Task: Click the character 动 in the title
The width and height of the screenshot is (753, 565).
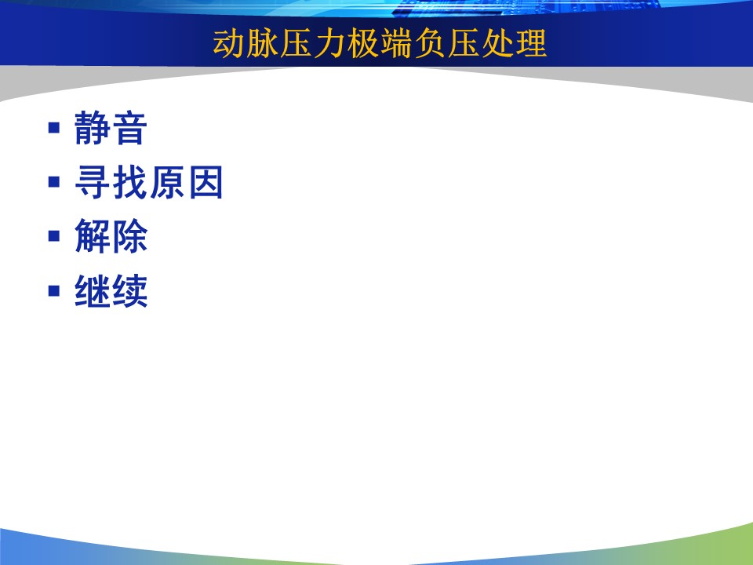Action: point(229,43)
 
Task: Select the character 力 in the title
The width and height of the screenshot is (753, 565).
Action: point(329,43)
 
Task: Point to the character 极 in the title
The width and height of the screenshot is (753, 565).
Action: point(363,43)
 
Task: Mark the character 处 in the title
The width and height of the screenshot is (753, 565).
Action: point(497,43)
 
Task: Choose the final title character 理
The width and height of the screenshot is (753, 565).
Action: point(531,43)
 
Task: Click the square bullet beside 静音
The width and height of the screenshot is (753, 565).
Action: point(54,128)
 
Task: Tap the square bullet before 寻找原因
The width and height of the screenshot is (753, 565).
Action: point(54,182)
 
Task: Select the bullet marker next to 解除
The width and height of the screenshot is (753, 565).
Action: point(54,236)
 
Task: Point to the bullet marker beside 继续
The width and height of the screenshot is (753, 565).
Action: point(54,290)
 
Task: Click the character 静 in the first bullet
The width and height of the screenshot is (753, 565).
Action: point(93,128)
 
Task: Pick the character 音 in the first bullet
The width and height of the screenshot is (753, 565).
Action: point(129,128)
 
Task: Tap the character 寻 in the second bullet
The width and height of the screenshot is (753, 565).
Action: point(93,182)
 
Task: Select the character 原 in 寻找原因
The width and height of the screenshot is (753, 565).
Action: point(167,182)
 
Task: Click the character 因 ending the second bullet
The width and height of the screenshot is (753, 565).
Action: point(206,182)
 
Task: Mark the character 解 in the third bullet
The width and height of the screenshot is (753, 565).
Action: point(93,236)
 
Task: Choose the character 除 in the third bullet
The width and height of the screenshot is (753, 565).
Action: point(129,236)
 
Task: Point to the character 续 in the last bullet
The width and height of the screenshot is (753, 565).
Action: point(129,290)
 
